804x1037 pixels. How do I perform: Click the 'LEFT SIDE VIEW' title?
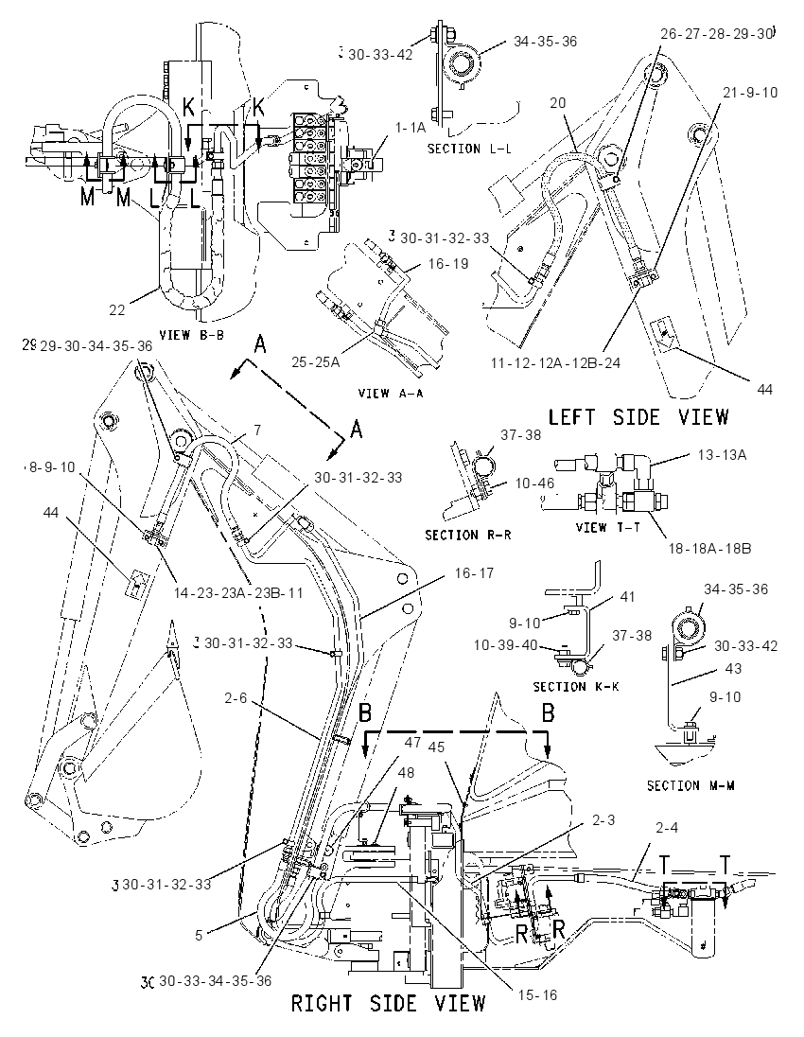point(638,416)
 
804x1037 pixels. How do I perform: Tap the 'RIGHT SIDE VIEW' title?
point(389,1003)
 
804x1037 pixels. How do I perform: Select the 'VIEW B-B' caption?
point(192,335)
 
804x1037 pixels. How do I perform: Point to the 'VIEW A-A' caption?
point(391,394)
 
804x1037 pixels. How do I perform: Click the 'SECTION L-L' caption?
point(469,149)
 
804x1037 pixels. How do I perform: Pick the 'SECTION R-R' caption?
point(467,535)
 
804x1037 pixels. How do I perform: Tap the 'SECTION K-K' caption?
point(576,687)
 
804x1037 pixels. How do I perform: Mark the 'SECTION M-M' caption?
point(690,785)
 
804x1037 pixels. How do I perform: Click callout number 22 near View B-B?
point(117,308)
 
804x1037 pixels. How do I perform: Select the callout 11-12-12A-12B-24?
point(555,362)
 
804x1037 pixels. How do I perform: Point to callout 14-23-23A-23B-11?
point(238,592)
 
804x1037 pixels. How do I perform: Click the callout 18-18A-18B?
point(708,548)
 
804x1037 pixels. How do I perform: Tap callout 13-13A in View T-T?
point(722,454)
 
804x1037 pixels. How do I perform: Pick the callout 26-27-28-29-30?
point(716,33)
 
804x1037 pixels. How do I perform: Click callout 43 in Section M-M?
point(733,668)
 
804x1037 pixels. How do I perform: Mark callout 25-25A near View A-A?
point(315,361)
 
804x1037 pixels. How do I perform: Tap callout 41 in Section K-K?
point(627,596)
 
